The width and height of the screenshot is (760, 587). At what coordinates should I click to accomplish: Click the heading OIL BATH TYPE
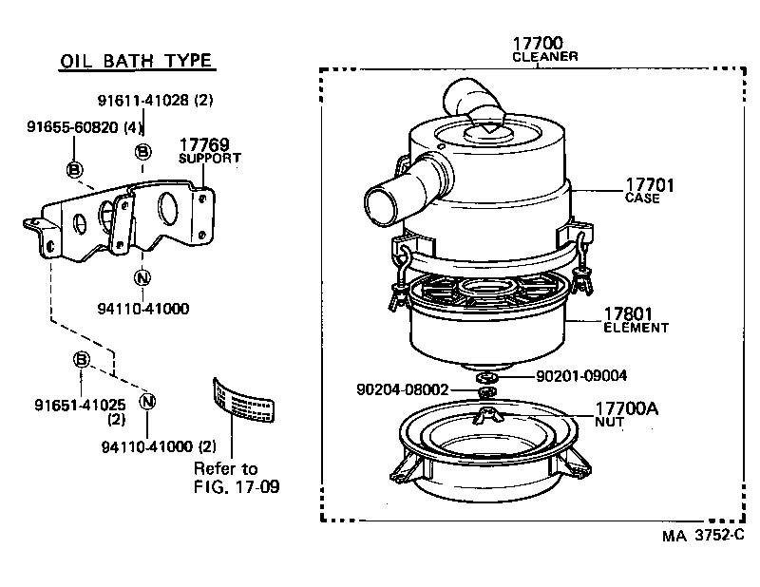(137, 62)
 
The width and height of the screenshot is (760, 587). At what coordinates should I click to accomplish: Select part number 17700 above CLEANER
(538, 43)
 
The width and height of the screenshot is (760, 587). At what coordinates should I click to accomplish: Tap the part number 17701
(649, 185)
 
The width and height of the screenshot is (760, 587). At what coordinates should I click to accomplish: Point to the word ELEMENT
(636, 328)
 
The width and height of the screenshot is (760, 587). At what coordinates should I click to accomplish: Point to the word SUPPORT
(210, 158)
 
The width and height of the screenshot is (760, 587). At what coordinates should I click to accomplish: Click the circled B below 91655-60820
(74, 169)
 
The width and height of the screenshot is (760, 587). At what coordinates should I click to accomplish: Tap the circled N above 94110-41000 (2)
(147, 401)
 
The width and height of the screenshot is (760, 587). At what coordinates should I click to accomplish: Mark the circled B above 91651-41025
(82, 359)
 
